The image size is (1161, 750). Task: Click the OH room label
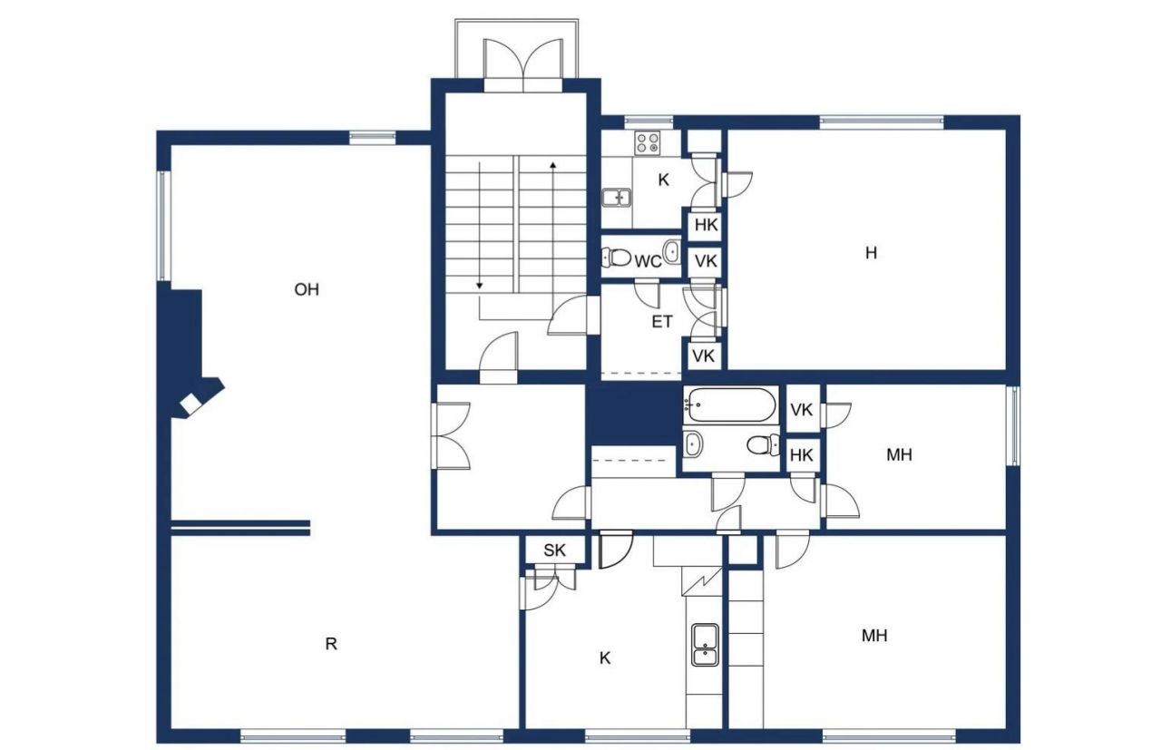point(307,289)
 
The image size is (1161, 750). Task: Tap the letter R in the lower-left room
point(331,644)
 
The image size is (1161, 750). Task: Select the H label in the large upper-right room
point(871,253)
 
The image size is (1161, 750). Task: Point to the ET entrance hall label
point(662,321)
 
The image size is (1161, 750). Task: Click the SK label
point(554,550)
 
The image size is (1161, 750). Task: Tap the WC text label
point(648,262)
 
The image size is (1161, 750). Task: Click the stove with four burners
point(648,141)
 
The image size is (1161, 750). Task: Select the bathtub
point(731,404)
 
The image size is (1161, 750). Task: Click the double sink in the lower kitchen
point(704,643)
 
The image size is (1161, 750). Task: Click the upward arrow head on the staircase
point(552,166)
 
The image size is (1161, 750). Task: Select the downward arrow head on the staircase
point(480,286)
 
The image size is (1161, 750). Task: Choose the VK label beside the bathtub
point(801,410)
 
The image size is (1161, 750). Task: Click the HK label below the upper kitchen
point(705,225)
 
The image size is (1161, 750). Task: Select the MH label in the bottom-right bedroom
point(873,636)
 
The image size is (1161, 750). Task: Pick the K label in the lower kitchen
point(605,657)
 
